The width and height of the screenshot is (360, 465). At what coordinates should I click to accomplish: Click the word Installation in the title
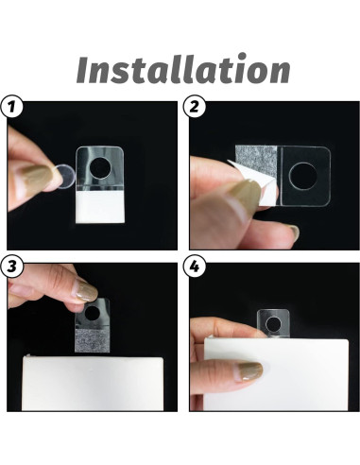[x=183, y=70]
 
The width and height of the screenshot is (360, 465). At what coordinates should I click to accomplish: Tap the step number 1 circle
[x=11, y=108]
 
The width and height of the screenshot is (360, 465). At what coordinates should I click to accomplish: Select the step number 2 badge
[x=195, y=108]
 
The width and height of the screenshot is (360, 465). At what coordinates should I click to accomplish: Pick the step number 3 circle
[x=11, y=267]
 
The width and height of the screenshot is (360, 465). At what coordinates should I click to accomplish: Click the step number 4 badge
[x=195, y=267]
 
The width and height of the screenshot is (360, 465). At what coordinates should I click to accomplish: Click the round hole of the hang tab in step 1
[x=99, y=167]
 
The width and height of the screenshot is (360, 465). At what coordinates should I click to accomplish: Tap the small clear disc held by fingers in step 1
[x=65, y=177]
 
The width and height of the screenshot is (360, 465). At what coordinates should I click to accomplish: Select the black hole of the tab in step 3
[x=93, y=313]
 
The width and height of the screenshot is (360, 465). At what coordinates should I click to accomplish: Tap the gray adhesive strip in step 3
[x=92, y=340]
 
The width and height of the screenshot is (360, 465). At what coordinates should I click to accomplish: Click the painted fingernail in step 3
[x=87, y=291]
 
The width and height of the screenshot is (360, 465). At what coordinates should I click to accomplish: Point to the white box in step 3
[x=94, y=383]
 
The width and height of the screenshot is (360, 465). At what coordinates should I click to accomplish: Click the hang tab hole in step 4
[x=273, y=324]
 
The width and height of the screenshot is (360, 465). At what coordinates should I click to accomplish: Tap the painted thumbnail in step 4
[x=249, y=371]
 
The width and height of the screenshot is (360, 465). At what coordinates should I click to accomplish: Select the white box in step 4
[x=277, y=374]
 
